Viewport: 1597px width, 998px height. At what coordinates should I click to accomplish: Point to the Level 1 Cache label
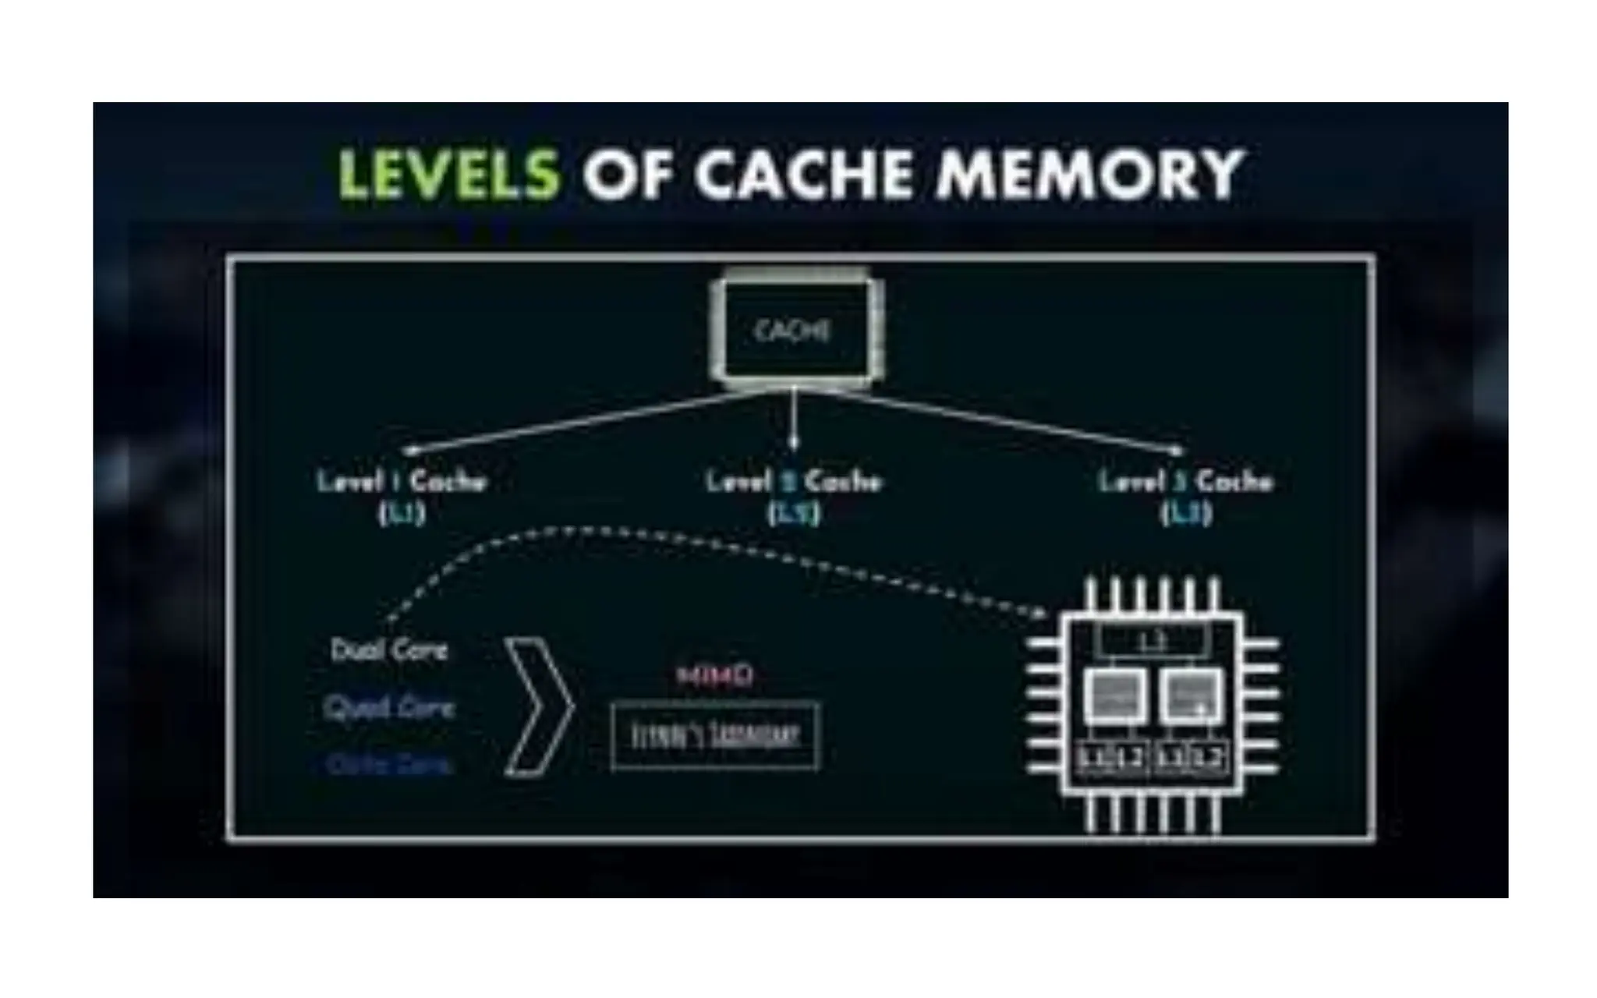[402, 481]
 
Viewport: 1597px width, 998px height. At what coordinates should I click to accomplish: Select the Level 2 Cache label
[794, 481]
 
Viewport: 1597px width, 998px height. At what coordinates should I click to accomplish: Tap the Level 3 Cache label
[1185, 481]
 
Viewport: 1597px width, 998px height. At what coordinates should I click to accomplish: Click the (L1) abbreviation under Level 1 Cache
[402, 514]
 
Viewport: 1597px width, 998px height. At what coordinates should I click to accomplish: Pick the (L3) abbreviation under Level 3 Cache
[1186, 514]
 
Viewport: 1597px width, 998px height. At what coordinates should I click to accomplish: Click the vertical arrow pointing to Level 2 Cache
[794, 421]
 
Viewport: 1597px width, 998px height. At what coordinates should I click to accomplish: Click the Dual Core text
[390, 650]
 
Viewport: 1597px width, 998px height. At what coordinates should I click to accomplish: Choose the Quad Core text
[389, 707]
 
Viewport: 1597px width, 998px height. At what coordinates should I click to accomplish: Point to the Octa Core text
[389, 764]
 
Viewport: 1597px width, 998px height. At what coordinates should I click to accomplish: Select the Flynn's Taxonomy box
[715, 737]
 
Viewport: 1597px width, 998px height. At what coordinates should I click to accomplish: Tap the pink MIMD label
[714, 675]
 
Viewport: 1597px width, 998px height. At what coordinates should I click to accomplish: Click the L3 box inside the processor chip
[1153, 641]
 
